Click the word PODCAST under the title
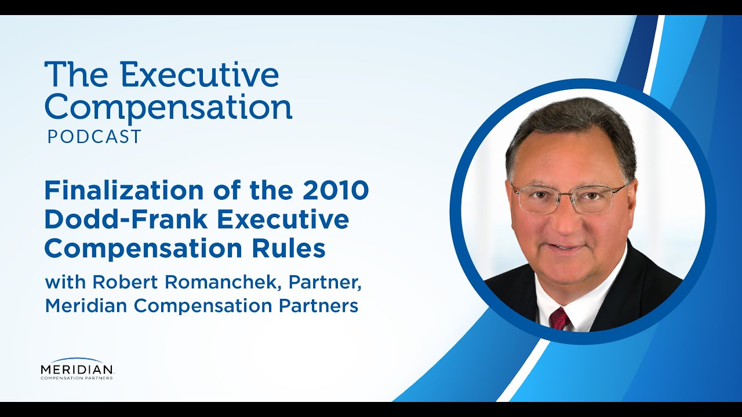pos(94,137)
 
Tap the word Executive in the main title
pos(200,75)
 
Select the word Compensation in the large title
pos(168,107)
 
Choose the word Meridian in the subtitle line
pos(89,306)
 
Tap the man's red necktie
pos(559,318)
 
